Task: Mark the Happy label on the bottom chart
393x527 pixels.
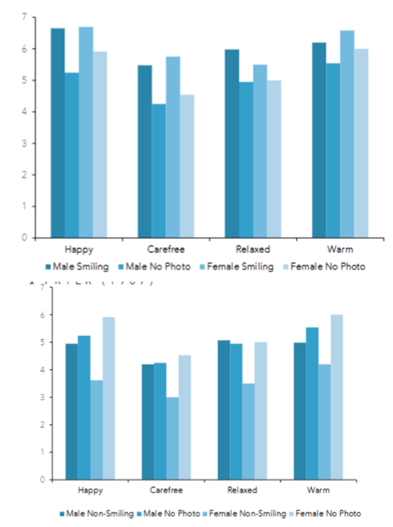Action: (89, 489)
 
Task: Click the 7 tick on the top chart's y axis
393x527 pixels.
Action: (24, 18)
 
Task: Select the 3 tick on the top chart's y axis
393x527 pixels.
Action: (24, 144)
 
